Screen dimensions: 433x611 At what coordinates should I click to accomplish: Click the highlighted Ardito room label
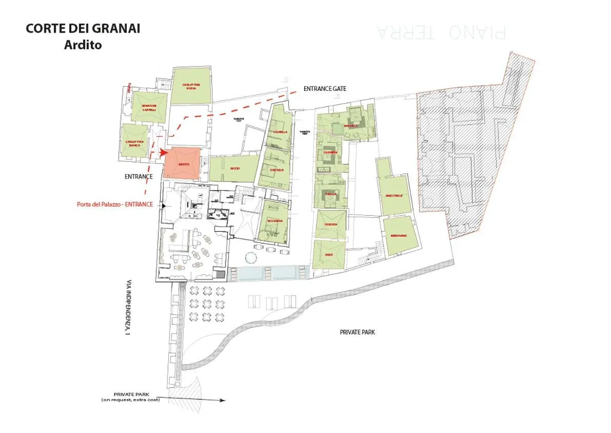coord(184,164)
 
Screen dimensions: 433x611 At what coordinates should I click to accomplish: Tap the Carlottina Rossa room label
coord(190,86)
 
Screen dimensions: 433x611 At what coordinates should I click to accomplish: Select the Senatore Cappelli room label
coord(149,107)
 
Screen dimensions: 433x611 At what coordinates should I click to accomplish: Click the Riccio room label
coord(235,168)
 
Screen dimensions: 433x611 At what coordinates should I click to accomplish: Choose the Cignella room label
coord(281,132)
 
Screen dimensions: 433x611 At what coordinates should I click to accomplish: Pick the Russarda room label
coord(275,221)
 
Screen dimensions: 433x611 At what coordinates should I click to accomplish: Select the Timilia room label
coord(330,194)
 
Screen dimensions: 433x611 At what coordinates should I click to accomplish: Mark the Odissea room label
coord(330,224)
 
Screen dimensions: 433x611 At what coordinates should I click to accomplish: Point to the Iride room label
coord(329,254)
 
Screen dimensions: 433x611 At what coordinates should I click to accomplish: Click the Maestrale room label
coord(394,195)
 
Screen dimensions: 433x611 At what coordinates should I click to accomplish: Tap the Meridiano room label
coord(398,235)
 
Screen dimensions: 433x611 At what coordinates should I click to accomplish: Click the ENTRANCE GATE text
coord(325,89)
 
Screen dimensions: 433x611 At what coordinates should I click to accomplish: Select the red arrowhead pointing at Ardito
coord(164,152)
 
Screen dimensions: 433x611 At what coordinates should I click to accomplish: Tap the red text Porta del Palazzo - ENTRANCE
coord(115,204)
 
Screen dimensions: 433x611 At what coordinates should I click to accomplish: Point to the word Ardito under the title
coord(83,45)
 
